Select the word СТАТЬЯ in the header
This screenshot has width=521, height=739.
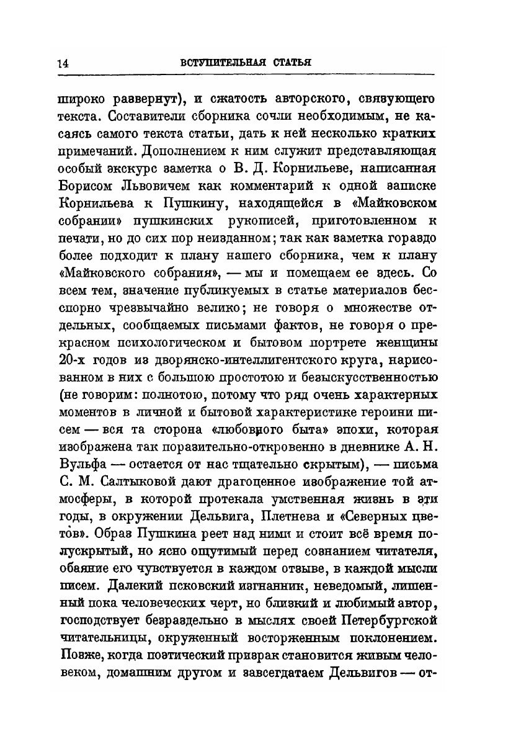[x=286, y=63]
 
